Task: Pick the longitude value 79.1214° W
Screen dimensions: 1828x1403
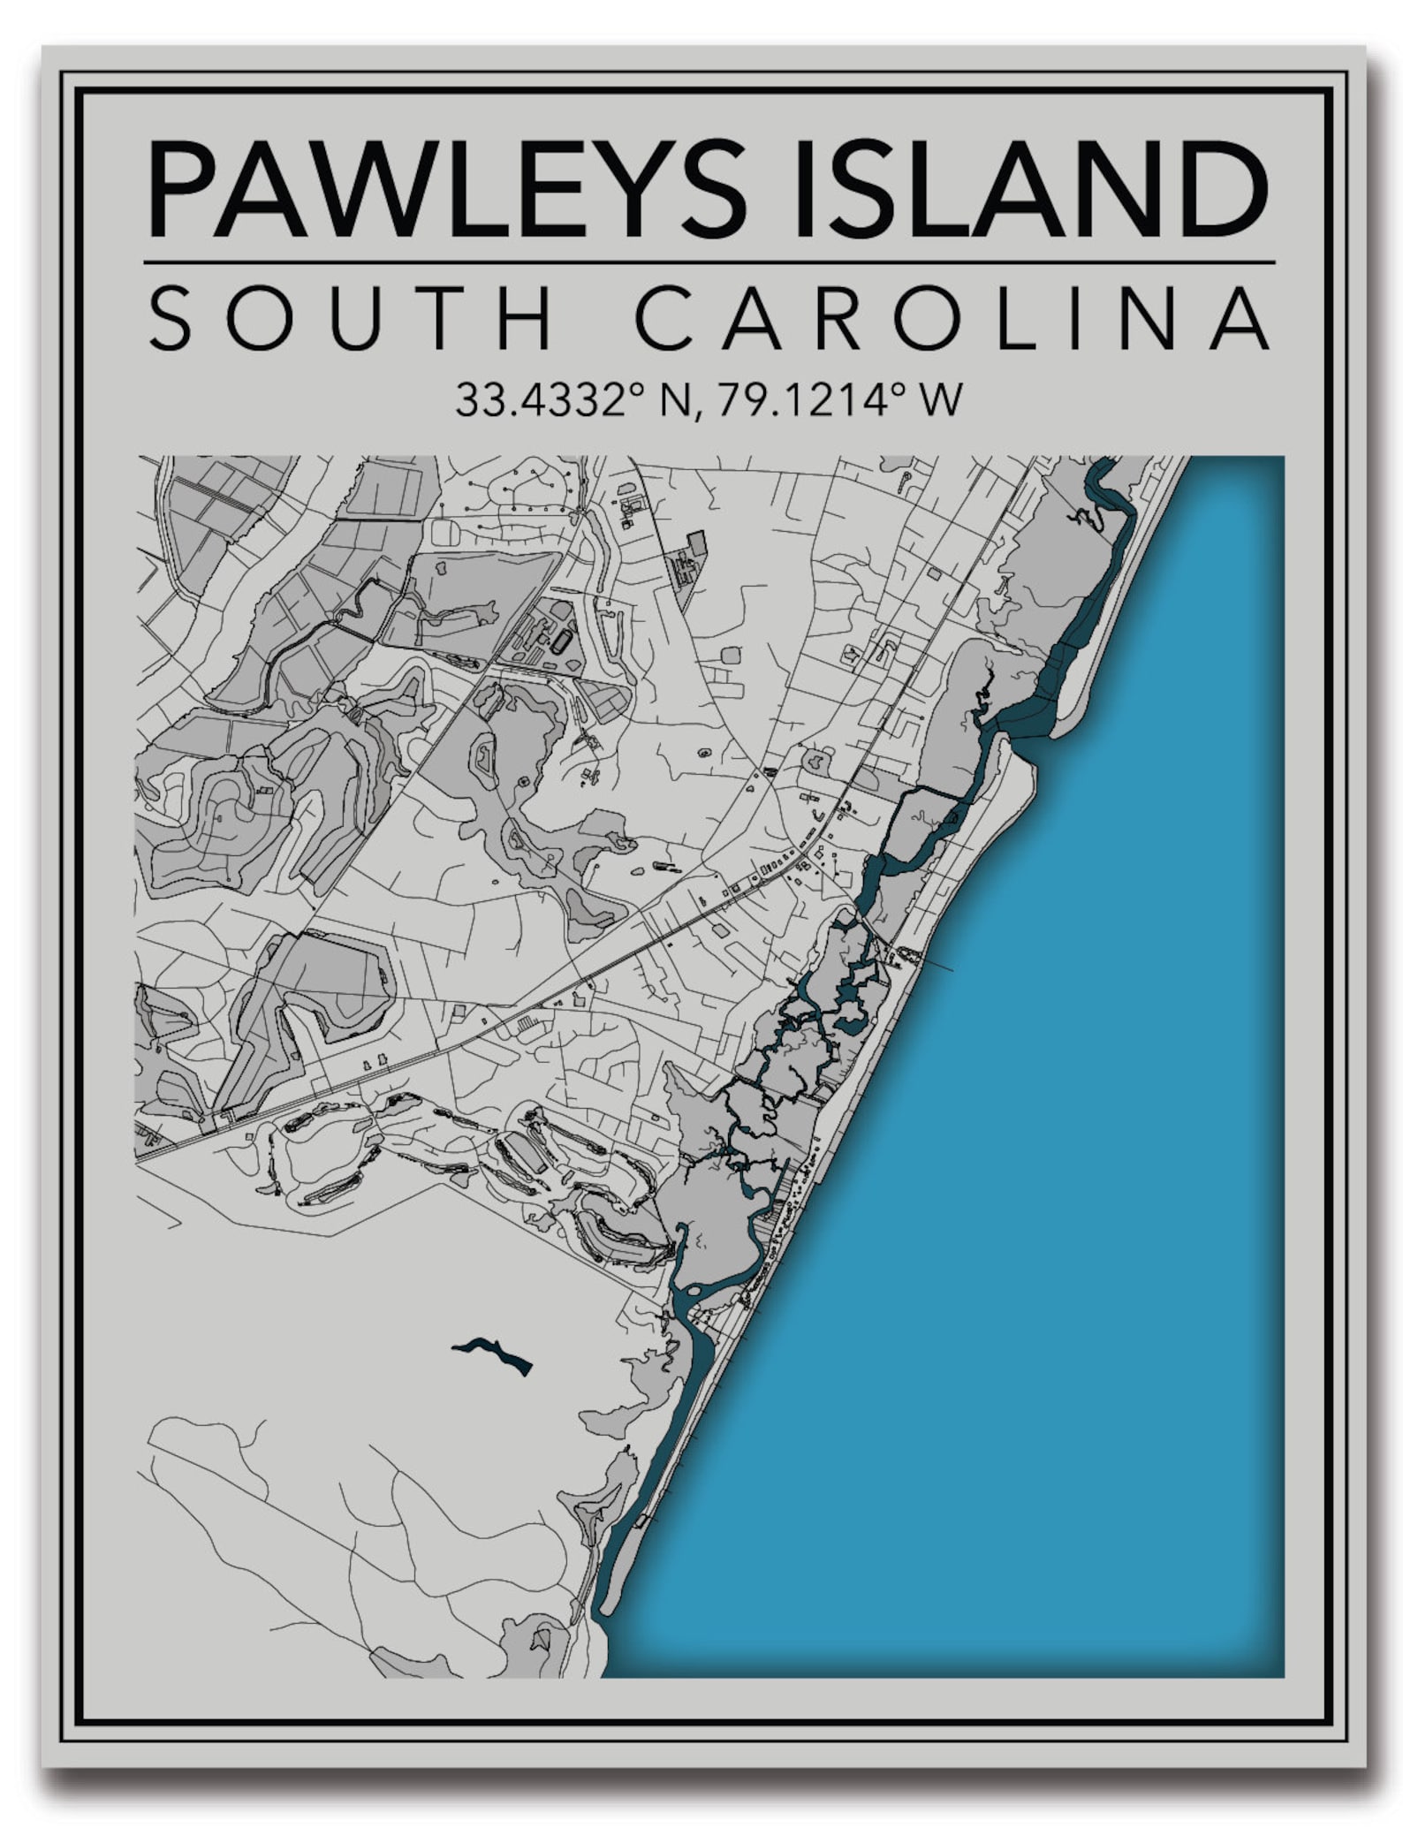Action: click(x=839, y=400)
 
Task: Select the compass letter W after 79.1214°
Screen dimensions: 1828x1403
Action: click(x=941, y=400)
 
